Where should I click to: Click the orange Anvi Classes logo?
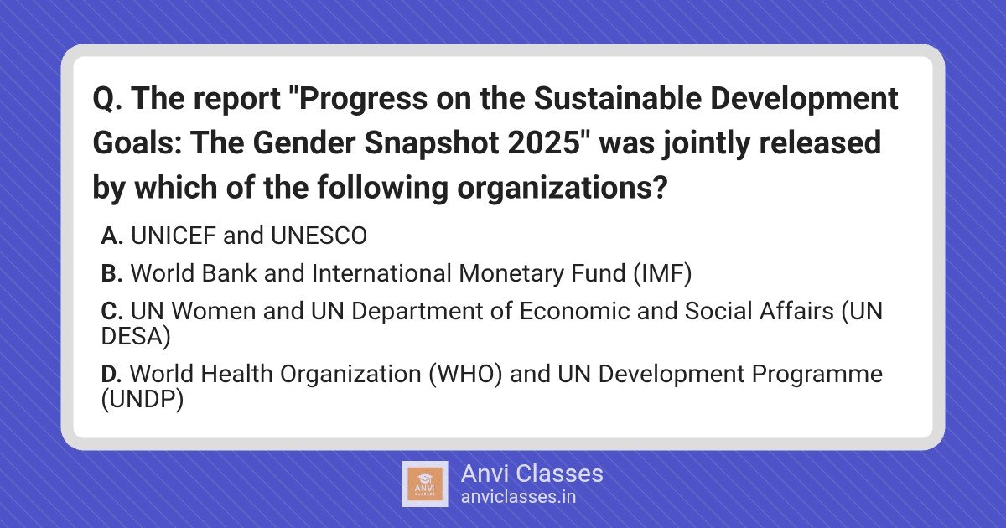pyautogui.click(x=425, y=484)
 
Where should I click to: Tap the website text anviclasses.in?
pyautogui.click(x=518, y=497)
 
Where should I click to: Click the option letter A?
pyautogui.click(x=111, y=236)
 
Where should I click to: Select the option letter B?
pyautogui.click(x=111, y=273)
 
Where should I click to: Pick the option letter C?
pyautogui.click(x=111, y=311)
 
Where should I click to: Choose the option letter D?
pyautogui.click(x=111, y=374)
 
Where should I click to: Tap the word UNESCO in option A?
pyautogui.click(x=319, y=236)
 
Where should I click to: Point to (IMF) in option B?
pyautogui.click(x=662, y=274)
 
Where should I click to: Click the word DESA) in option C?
pyautogui.click(x=136, y=336)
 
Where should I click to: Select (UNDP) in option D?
pyautogui.click(x=143, y=400)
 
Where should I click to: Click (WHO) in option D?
pyautogui.click(x=465, y=375)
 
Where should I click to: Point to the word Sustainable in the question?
pyautogui.click(x=618, y=98)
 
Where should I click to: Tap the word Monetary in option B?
pyautogui.click(x=511, y=274)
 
